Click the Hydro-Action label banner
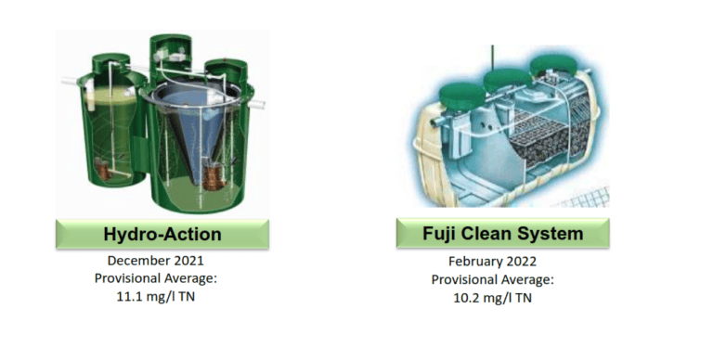click(x=162, y=235)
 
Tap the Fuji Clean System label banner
click(x=502, y=233)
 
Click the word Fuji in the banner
click(x=425, y=233)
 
